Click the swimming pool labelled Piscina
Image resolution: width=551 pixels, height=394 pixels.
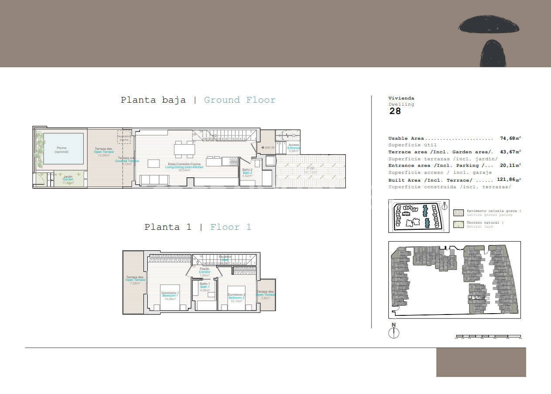coord(63,149)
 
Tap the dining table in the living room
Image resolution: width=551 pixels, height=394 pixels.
coord(184,150)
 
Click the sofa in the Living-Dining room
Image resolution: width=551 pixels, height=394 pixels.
coord(152,180)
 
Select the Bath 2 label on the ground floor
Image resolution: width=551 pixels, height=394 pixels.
coord(248,173)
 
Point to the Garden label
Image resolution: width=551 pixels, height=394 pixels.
coord(68,180)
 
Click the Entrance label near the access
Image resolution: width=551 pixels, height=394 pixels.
coord(294,148)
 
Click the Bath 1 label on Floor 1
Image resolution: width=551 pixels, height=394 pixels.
coord(205,287)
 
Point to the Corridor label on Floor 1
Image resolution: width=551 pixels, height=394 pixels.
coord(204,272)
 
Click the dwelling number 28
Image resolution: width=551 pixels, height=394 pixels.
coord(395,111)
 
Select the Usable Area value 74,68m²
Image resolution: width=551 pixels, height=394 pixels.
coord(510,138)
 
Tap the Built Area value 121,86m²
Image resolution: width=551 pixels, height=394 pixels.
coord(509,180)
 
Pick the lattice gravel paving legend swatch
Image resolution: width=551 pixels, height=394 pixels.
coord(458,213)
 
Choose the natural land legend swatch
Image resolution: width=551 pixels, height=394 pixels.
coord(458,225)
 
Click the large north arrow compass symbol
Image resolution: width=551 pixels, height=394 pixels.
coord(394,332)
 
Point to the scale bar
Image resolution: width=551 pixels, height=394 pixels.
coord(488,337)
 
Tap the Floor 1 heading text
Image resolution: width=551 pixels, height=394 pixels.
coord(231,227)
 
